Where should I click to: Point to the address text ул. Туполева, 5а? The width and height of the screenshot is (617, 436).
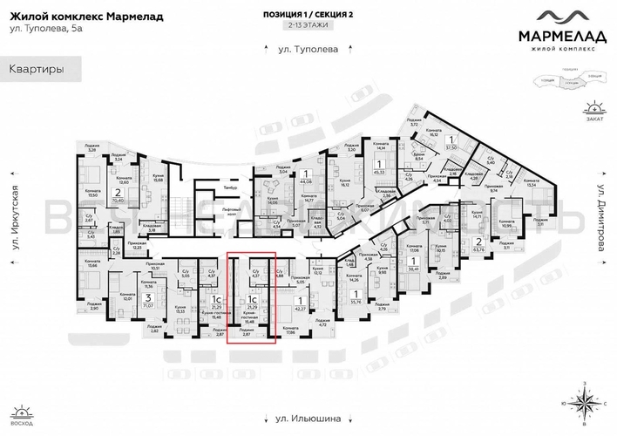(43, 31)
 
